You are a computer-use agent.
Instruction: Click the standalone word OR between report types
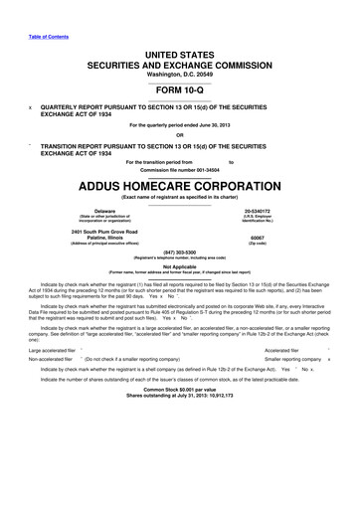pyautogui.click(x=179, y=135)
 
